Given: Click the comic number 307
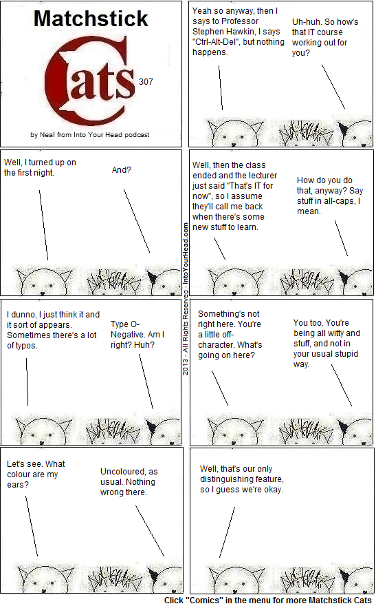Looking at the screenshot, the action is (x=146, y=81).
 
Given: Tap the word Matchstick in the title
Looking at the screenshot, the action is (x=91, y=18).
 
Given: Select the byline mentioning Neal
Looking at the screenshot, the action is (x=90, y=134).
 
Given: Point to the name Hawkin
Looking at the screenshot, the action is (x=266, y=31).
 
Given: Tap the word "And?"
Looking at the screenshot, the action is (x=122, y=169).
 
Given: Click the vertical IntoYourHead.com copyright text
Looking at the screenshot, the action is (x=186, y=298).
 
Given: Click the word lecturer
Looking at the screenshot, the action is (x=261, y=175).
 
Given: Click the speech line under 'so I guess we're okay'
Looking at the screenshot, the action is (x=227, y=532).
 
